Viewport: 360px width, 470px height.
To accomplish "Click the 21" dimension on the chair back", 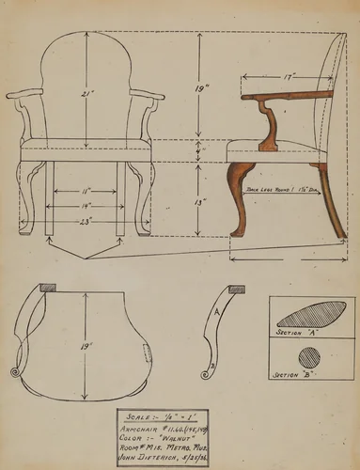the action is [x=86, y=94].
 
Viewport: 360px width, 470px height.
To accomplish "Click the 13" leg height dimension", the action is [x=197, y=202].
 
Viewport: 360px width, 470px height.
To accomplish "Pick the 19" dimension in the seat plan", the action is [x=86, y=347].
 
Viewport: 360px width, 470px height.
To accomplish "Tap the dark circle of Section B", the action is [x=308, y=357].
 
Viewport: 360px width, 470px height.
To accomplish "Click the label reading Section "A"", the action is [x=294, y=333].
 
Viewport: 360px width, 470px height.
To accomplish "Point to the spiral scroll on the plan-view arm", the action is [x=15, y=376].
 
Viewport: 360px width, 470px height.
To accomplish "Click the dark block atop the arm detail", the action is [x=237, y=289].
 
